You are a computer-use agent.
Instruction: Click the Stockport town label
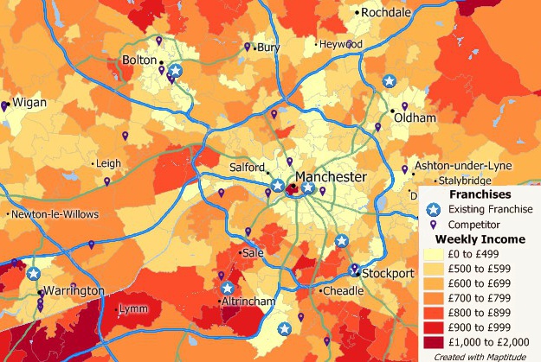point(390,274)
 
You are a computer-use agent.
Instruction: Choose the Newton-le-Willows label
point(55,213)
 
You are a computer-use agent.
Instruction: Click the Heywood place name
point(341,44)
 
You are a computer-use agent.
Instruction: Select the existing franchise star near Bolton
point(176,71)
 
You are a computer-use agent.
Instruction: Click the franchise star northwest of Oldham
point(390,81)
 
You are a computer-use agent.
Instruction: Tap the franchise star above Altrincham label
point(227,289)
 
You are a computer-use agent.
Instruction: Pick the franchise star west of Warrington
point(33,274)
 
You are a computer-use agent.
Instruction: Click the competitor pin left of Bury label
point(248,47)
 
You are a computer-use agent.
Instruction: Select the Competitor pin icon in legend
point(435,225)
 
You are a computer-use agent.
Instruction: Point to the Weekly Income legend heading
point(479,238)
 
